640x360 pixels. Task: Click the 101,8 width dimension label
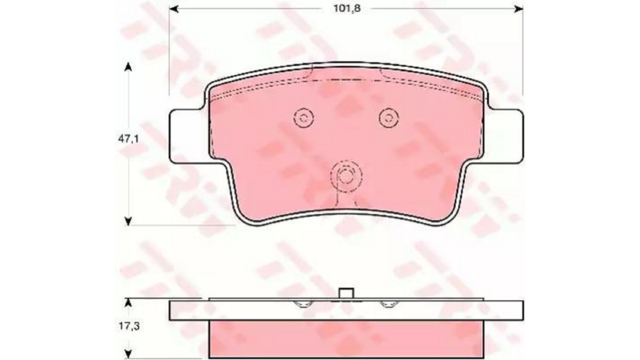click(x=347, y=9)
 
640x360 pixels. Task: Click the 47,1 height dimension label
click(x=129, y=139)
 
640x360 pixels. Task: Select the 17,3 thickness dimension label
click(x=129, y=326)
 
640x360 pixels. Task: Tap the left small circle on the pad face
click(x=303, y=118)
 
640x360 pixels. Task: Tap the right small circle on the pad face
click(x=388, y=118)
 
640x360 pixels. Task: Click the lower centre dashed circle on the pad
click(x=346, y=176)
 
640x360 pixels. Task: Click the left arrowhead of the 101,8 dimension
click(x=174, y=9)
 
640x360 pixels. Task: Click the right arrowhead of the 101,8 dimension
click(x=518, y=9)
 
